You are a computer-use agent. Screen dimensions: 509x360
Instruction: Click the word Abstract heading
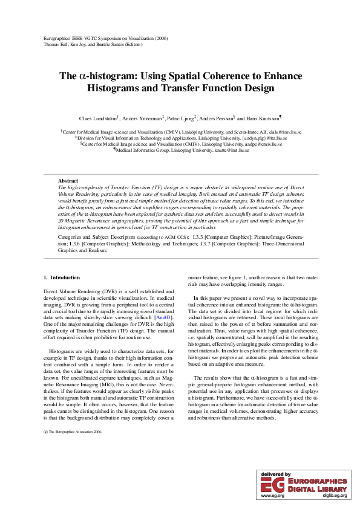68,181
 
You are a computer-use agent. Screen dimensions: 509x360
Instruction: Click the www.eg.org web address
272,496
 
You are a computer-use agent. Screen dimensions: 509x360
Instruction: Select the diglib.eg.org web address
335,496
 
